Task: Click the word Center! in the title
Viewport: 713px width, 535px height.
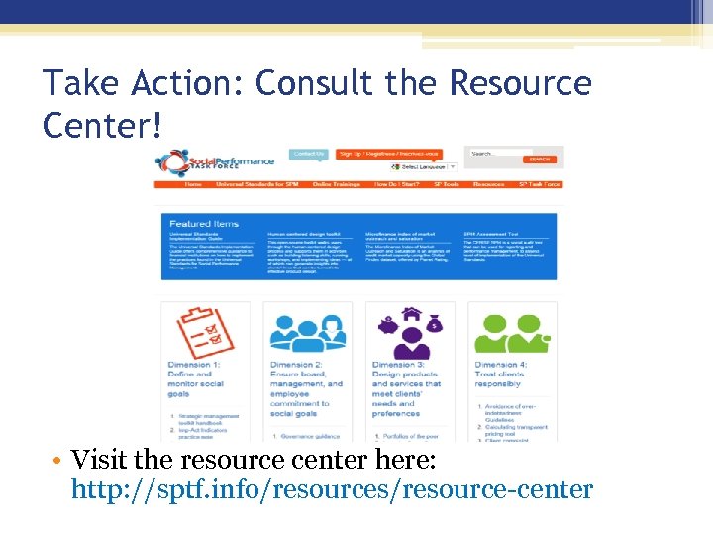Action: pyautogui.click(x=99, y=125)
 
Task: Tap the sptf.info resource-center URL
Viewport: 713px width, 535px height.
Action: pyautogui.click(x=333, y=489)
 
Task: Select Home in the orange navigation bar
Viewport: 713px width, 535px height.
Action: pyautogui.click(x=193, y=184)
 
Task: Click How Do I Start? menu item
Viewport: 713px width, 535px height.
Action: pyautogui.click(x=397, y=184)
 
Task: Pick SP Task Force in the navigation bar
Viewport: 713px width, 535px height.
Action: pyautogui.click(x=540, y=184)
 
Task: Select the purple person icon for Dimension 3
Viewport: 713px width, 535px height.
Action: pyautogui.click(x=409, y=332)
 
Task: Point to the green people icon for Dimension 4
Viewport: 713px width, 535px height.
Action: pyautogui.click(x=511, y=332)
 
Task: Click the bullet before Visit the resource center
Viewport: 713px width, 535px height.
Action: pyautogui.click(x=60, y=461)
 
